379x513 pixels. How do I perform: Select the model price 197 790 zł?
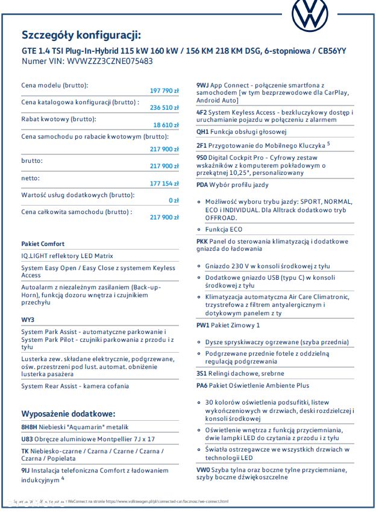(x=164, y=90)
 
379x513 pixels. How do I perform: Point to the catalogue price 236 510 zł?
(x=164, y=107)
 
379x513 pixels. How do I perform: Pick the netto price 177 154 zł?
(x=164, y=183)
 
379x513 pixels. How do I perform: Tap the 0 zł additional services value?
(x=174, y=200)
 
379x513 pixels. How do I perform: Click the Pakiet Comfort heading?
(x=43, y=244)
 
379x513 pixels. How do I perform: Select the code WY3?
(x=28, y=319)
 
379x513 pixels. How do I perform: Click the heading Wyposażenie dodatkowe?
(x=68, y=414)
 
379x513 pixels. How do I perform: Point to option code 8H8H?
(x=30, y=427)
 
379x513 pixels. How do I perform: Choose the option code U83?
(x=27, y=439)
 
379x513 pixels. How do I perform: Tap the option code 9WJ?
(x=202, y=87)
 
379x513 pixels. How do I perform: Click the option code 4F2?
(x=202, y=113)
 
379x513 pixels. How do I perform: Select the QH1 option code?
(x=203, y=131)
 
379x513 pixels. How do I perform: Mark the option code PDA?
(x=203, y=184)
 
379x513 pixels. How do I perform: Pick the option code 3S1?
(x=202, y=373)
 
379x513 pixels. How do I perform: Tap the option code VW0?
(x=204, y=469)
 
